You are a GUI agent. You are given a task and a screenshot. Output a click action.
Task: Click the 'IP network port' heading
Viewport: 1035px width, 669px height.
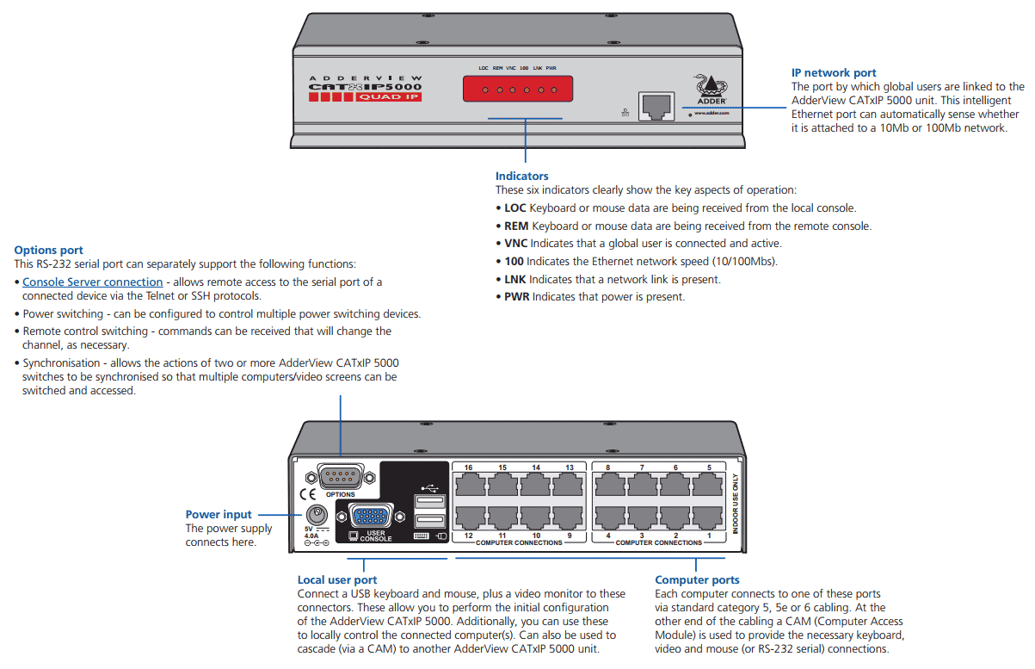point(834,73)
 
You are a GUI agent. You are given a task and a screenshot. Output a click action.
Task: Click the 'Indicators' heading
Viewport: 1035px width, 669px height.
point(521,177)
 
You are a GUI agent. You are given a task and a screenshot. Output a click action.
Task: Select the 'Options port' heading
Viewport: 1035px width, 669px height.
point(49,251)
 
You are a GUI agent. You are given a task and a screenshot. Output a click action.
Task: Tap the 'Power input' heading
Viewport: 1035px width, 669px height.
point(219,515)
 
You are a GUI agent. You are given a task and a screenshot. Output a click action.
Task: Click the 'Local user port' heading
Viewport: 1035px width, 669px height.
point(337,580)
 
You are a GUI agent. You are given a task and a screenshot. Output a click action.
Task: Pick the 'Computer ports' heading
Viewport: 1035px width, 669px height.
point(697,580)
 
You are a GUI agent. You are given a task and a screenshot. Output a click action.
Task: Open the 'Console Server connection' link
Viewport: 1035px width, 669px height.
point(93,282)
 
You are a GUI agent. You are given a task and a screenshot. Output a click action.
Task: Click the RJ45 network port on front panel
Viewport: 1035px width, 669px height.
point(656,106)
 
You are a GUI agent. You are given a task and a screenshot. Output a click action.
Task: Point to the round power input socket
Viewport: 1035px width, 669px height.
point(317,517)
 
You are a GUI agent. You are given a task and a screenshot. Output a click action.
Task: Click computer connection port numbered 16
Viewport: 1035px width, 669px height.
point(469,485)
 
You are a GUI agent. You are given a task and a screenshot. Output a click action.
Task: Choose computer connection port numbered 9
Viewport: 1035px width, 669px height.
point(569,519)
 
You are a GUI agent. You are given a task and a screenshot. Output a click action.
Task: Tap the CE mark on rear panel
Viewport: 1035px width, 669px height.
point(307,495)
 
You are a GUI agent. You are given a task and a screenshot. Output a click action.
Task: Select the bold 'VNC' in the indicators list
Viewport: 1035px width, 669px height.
point(515,244)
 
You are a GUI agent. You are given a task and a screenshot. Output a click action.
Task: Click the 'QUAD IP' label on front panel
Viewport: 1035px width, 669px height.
point(389,96)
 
